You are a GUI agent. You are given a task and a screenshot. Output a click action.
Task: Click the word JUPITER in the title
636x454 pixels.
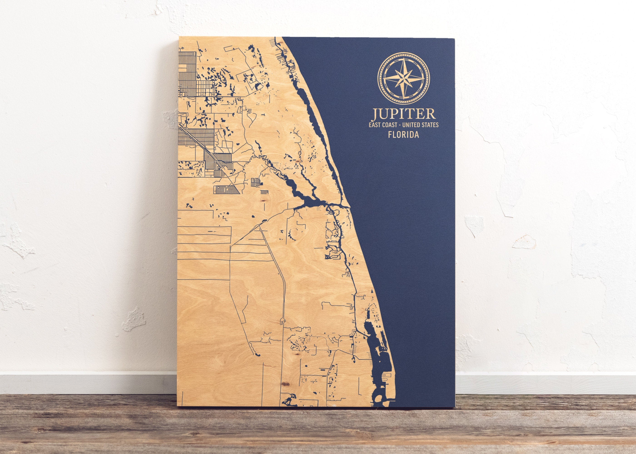(403, 114)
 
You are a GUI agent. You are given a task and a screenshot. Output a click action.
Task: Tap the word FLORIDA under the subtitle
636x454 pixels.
(403, 135)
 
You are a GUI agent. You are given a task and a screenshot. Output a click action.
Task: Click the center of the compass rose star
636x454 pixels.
(403, 76)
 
